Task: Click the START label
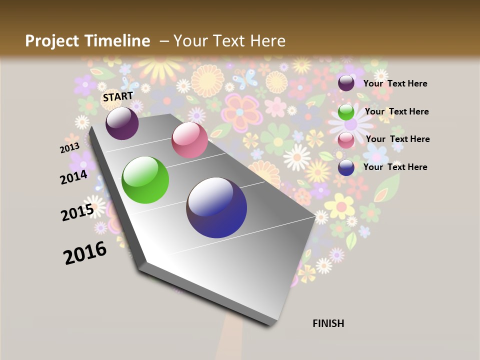(118, 96)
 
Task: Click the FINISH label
(328, 323)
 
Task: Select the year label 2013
(69, 148)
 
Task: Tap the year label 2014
(74, 177)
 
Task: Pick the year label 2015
(77, 212)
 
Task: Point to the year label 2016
(85, 253)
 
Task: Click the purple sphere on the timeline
(122, 123)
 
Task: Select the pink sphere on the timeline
(189, 140)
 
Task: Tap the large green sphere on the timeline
(145, 180)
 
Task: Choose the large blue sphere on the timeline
(216, 207)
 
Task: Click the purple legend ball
(346, 83)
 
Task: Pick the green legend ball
(346, 112)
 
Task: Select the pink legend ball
(346, 140)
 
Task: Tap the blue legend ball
(346, 167)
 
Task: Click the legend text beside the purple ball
(395, 83)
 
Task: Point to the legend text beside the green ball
(396, 111)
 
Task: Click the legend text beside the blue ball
(395, 167)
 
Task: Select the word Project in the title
(51, 41)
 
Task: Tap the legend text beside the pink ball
(397, 139)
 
